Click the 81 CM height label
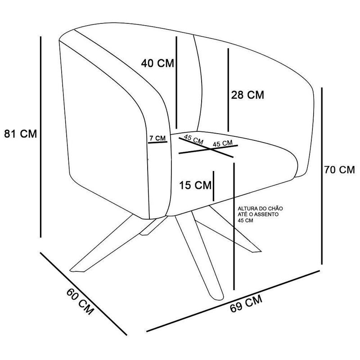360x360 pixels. point(20,134)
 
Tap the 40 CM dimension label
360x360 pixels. point(157,63)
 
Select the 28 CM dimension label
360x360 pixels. point(247,95)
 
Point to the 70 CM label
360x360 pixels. point(340,170)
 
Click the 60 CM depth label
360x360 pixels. point(80,301)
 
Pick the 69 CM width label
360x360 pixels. point(246,303)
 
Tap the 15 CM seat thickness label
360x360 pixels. point(195,185)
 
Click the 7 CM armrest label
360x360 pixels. point(157,138)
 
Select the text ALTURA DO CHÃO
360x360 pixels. point(261,209)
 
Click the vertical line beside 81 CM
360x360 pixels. point(41,137)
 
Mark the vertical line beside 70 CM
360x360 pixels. point(322,176)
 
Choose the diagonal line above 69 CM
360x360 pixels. point(233,301)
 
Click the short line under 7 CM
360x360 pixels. point(157,142)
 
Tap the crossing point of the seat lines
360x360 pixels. point(210,149)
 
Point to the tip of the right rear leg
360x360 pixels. point(257,251)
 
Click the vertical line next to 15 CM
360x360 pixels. point(213,186)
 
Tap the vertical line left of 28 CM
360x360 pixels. point(228,90)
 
